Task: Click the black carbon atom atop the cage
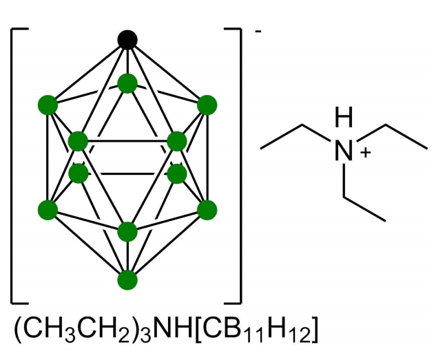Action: pos(127,40)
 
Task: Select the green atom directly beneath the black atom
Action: pos(127,83)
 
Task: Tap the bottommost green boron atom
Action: pos(127,280)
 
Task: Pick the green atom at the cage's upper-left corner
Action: pos(48,105)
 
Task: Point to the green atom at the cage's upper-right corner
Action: pos(207,105)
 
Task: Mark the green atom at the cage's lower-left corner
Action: pos(48,209)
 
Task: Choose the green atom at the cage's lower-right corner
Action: pos(207,209)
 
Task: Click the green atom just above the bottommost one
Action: pos(127,231)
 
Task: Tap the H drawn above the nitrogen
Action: pos(344,118)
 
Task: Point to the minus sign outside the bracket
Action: pos(257,34)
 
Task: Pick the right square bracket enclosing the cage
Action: pos(238,165)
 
